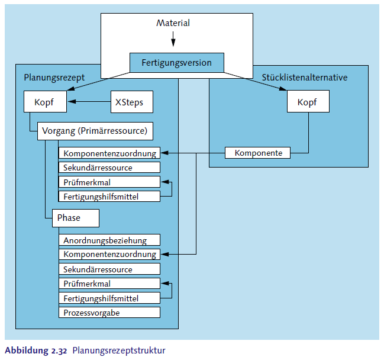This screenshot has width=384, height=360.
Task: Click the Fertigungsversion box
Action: click(x=177, y=63)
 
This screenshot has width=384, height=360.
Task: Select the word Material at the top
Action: click(x=173, y=23)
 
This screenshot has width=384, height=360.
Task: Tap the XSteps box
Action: click(x=130, y=102)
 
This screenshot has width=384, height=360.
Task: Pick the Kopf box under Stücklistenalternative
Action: click(x=308, y=102)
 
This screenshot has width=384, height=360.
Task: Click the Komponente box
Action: click(x=258, y=153)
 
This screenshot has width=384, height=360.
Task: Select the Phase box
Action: click(x=75, y=218)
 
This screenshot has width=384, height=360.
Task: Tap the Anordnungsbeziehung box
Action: click(x=109, y=240)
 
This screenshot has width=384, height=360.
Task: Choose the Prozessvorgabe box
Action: click(x=109, y=312)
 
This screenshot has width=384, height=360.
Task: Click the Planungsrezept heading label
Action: click(x=54, y=78)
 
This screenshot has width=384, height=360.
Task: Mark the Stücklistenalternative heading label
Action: click(x=304, y=78)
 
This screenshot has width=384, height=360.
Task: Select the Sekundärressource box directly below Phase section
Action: click(x=109, y=269)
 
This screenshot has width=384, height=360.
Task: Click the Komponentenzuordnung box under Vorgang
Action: click(x=109, y=153)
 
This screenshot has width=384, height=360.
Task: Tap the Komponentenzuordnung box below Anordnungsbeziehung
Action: click(x=109, y=255)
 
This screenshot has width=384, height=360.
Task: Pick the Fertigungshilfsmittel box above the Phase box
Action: click(x=109, y=196)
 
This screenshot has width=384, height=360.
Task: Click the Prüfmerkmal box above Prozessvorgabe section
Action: click(x=109, y=284)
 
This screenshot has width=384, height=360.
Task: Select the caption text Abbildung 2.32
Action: click(x=36, y=351)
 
